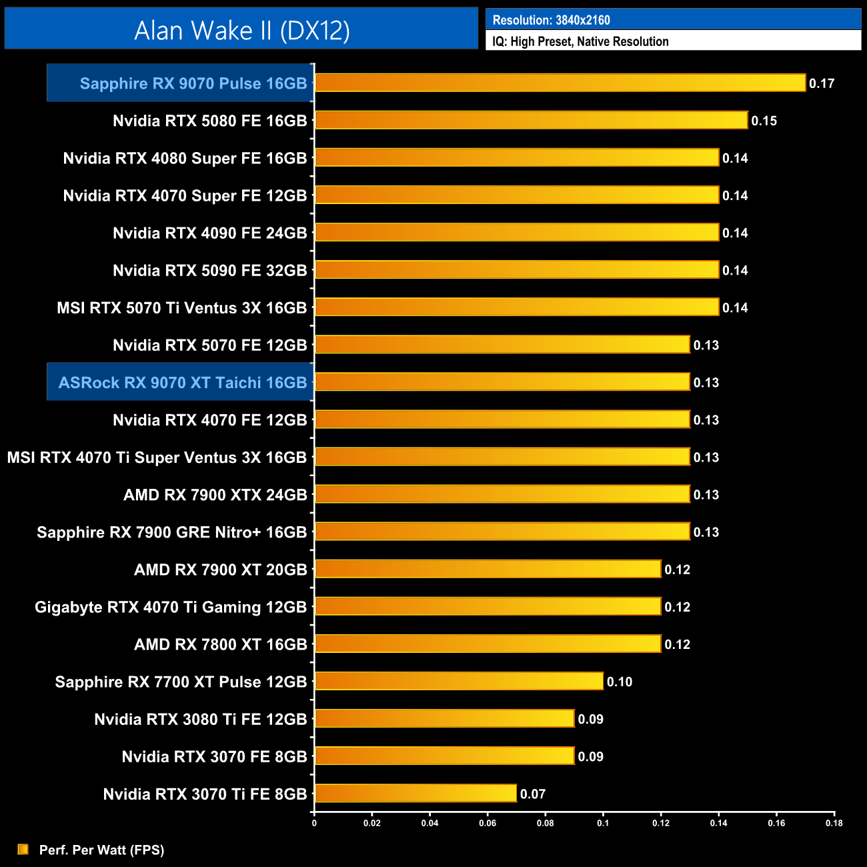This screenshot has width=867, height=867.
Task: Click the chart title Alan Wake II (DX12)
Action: [x=241, y=31]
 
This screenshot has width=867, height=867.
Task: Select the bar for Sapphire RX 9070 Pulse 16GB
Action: [x=560, y=83]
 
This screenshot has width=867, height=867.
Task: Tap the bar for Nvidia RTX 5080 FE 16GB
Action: [x=531, y=120]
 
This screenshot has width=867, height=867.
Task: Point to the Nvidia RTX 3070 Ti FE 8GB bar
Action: [x=415, y=794]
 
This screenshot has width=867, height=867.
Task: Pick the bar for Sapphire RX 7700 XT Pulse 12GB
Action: [x=459, y=681]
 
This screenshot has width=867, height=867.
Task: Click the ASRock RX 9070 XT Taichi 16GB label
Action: [x=183, y=382]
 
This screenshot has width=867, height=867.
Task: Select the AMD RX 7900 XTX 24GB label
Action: [x=215, y=495]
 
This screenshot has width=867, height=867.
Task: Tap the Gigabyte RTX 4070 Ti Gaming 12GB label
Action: [x=171, y=607]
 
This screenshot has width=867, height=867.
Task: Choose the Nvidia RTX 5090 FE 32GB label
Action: [x=209, y=270]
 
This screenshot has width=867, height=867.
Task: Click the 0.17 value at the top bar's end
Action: [x=822, y=83]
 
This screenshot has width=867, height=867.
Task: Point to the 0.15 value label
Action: [x=764, y=121]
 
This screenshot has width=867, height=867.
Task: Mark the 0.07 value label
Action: [x=533, y=794]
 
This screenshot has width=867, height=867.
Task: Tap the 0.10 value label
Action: [x=620, y=682]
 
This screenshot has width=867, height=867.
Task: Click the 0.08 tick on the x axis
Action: [x=545, y=823]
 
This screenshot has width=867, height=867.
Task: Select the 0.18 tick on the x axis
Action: [x=834, y=823]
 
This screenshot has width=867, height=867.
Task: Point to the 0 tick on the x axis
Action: [x=314, y=823]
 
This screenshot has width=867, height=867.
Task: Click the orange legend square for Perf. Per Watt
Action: [x=23, y=849]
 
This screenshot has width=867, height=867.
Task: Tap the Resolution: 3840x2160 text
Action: [x=551, y=20]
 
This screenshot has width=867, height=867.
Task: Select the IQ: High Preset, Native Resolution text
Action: [x=580, y=41]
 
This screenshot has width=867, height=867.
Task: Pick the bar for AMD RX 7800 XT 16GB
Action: [x=488, y=644]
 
